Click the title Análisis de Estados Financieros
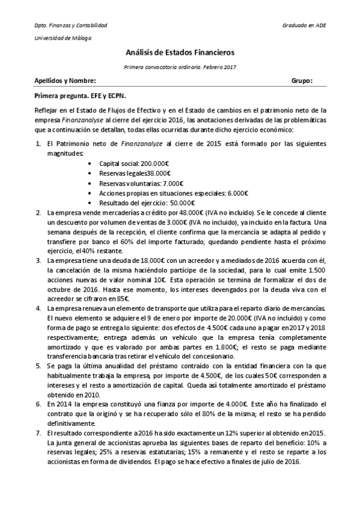180,53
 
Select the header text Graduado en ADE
305,26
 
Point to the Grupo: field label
302,80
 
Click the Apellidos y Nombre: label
65,80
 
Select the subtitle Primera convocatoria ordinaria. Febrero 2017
180,67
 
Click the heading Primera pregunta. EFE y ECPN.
80,95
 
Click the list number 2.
37,213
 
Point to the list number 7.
37,432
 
